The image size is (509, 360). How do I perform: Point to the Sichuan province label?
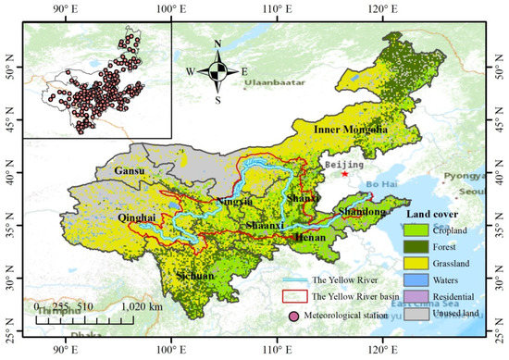(x=192, y=276)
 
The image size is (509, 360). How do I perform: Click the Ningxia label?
(x=234, y=201)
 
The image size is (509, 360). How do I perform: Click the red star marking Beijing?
(x=344, y=173)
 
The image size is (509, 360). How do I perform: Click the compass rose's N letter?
(x=217, y=43)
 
